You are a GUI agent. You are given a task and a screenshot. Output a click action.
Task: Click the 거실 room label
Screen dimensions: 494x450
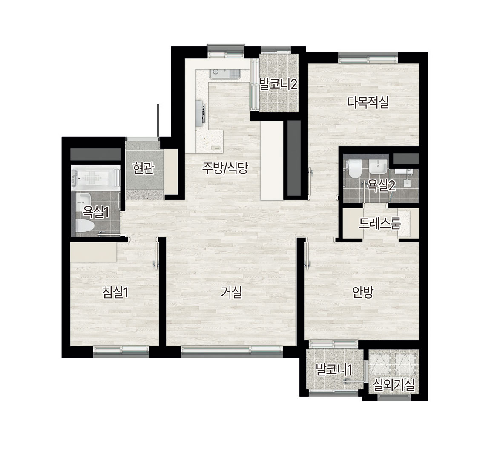pyautogui.click(x=232, y=293)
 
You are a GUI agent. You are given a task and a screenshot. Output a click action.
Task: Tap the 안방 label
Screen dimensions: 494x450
pyautogui.click(x=363, y=293)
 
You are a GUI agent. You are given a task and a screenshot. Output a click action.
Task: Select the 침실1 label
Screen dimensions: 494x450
pyautogui.click(x=115, y=293)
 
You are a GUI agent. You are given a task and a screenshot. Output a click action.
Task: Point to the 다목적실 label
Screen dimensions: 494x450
pyautogui.click(x=368, y=102)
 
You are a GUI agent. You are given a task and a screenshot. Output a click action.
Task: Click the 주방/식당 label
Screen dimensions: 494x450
pyautogui.click(x=225, y=168)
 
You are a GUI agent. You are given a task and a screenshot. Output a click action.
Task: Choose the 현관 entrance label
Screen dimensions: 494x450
pyautogui.click(x=144, y=168)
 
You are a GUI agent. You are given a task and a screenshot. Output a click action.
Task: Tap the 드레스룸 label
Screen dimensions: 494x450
pyautogui.click(x=379, y=223)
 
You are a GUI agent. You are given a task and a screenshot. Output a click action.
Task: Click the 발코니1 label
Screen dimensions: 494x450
pyautogui.click(x=334, y=369)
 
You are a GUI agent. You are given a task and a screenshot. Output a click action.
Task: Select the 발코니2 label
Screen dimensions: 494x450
pyautogui.click(x=278, y=84)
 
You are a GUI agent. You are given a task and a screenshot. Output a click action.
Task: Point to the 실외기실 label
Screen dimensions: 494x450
pyautogui.click(x=393, y=385)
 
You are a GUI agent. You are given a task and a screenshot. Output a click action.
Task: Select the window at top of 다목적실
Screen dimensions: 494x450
pyautogui.click(x=368, y=58)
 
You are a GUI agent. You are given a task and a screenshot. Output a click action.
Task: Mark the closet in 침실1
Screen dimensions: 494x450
pyautogui.click(x=94, y=252)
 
